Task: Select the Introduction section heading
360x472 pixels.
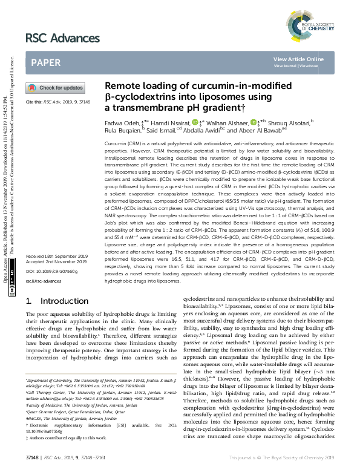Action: coord(57,301)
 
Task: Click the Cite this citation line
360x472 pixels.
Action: coord(57,102)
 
